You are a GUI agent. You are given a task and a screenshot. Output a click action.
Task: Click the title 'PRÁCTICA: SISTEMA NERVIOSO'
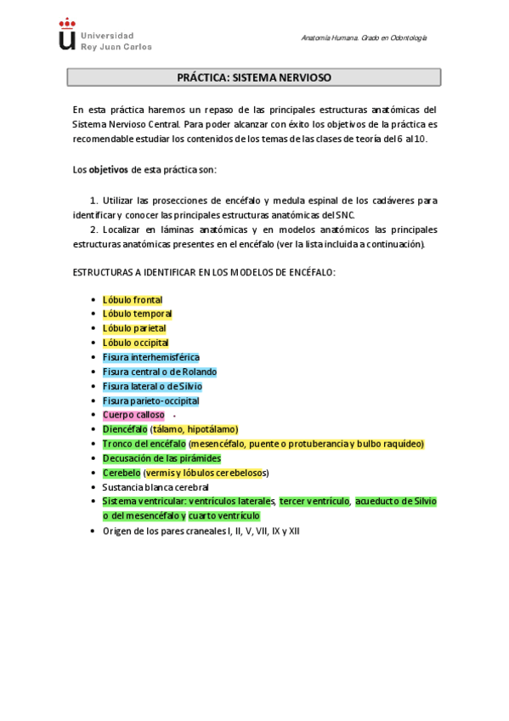[x=254, y=77]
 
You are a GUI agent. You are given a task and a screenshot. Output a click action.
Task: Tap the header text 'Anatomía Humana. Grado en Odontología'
[x=365, y=38]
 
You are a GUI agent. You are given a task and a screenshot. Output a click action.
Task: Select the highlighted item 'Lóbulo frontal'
[x=132, y=299]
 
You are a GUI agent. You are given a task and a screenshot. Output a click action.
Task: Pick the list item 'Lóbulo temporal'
[x=137, y=314]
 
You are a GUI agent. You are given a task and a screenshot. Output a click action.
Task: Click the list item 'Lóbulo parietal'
[x=134, y=328]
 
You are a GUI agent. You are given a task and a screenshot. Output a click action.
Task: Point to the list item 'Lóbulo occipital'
[x=135, y=343]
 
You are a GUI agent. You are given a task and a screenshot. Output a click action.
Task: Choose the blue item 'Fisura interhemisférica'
[x=150, y=357]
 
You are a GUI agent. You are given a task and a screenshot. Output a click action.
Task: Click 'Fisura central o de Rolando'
[x=159, y=372]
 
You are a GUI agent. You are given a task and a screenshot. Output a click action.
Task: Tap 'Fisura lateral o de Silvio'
[x=152, y=386]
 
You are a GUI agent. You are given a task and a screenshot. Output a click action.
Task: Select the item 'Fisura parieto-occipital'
[x=150, y=400]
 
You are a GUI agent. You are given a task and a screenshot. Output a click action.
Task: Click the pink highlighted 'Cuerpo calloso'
[x=133, y=415]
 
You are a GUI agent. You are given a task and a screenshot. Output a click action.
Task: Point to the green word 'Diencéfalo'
[x=125, y=429]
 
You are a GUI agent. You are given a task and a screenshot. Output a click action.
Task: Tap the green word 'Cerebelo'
[x=122, y=473]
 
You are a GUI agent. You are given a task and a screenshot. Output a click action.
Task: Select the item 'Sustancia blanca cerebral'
[x=155, y=487]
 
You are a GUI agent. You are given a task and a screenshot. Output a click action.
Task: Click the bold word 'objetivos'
[x=109, y=169]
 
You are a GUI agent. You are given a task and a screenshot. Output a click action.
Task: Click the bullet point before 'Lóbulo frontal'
[x=93, y=299]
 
